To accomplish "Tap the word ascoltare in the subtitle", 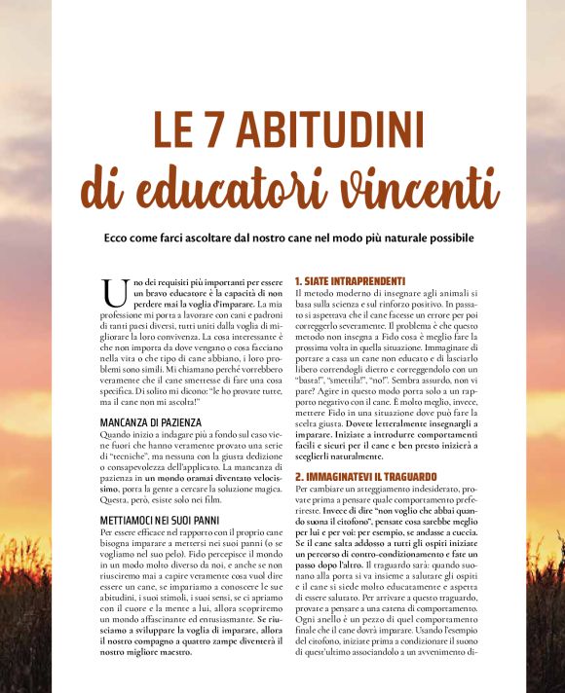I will tap(209, 237).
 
